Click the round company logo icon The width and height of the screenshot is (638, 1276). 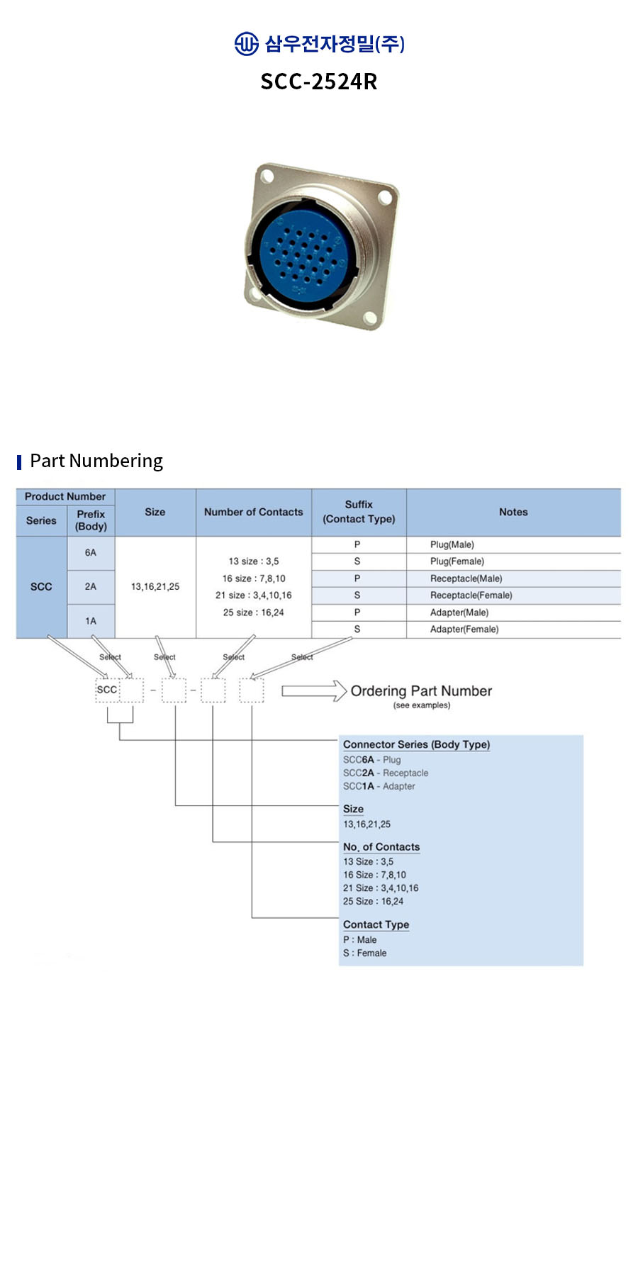pos(246,44)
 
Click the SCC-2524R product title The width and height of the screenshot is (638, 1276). pos(319,82)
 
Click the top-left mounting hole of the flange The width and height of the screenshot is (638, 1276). pos(267,174)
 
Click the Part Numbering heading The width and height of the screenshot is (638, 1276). pos(96,461)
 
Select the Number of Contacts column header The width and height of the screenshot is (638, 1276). pos(253,512)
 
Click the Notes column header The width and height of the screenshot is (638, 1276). pos(513,512)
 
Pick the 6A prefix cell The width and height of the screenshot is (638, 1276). pos(91,553)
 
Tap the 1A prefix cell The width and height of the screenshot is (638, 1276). pos(91,621)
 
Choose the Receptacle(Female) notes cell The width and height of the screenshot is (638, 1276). pos(471,595)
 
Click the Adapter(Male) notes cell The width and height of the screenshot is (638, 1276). pos(459,612)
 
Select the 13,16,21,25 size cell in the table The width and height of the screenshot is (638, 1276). pos(155,587)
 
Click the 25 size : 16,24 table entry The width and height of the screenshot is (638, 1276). pos(253,612)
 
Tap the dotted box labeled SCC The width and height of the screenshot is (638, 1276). pos(107,690)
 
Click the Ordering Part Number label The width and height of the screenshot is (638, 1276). pos(421,691)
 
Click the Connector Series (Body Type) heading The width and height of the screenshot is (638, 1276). pos(416,744)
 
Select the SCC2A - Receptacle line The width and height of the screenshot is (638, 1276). pos(386,773)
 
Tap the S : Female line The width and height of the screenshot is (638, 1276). pos(365,953)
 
